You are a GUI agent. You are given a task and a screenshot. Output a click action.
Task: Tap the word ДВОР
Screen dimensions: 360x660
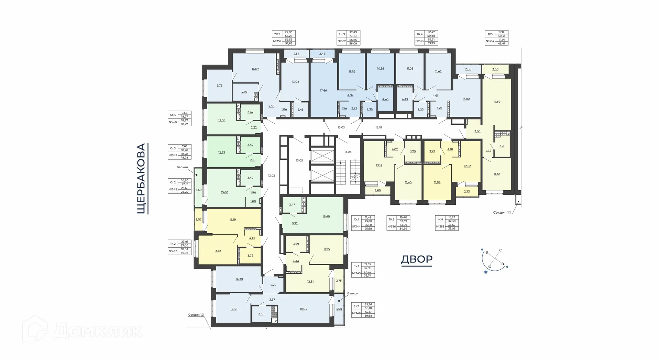click(417, 259)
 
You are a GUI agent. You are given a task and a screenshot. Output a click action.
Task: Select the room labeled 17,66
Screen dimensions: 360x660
click(323, 91)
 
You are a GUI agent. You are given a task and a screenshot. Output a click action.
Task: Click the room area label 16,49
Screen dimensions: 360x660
click(326, 216)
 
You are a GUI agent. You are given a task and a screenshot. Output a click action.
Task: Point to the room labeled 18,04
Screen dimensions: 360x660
click(303, 309)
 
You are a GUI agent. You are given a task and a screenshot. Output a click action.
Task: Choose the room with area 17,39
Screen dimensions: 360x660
click(497, 102)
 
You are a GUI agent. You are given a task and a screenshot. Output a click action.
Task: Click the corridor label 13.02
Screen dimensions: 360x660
click(272, 176)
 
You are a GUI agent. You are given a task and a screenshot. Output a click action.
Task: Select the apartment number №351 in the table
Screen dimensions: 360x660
click(277, 41)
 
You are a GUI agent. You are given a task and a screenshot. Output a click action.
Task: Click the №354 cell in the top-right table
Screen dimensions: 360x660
click(489, 41)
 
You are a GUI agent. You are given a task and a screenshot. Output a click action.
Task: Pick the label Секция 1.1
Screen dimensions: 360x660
click(502, 213)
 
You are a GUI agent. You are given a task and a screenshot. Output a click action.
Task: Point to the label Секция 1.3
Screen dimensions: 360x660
click(196, 315)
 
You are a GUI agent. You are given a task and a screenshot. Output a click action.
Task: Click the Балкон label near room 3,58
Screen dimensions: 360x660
click(353, 293)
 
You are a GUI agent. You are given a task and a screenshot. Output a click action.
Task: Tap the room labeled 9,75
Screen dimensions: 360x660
click(219, 85)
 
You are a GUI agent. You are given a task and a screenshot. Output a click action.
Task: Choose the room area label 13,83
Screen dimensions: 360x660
click(218, 251)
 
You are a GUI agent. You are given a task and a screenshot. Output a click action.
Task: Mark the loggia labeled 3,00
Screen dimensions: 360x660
click(495, 69)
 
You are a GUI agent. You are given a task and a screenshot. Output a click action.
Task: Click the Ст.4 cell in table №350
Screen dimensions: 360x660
click(173, 115)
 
